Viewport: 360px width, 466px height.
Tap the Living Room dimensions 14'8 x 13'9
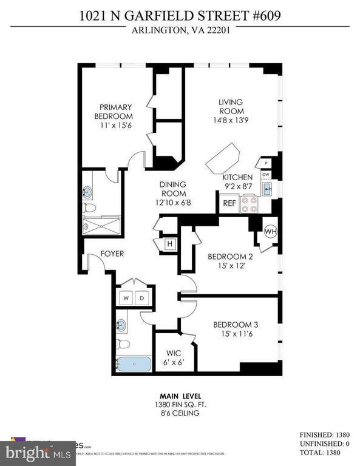(x=231, y=121)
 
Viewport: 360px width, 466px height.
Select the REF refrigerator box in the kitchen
(x=229, y=204)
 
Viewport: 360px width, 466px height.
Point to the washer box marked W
(x=126, y=298)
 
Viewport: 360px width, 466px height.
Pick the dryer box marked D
(x=143, y=298)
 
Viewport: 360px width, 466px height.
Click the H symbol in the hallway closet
(x=169, y=244)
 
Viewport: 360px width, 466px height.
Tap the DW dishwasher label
(x=265, y=174)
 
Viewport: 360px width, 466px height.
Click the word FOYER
(x=112, y=254)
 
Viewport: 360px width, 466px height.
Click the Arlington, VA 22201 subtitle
(x=180, y=35)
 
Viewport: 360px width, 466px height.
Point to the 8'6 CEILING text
(x=180, y=413)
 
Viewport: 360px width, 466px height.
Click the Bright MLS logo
(x=27, y=451)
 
